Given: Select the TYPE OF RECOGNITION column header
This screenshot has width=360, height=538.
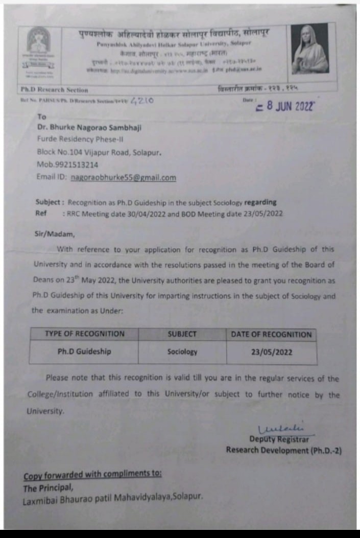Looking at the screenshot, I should click(x=84, y=334).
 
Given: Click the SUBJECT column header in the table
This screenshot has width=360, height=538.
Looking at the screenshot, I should click(x=182, y=334).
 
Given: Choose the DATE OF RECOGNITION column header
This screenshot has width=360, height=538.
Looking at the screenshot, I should click(x=271, y=335).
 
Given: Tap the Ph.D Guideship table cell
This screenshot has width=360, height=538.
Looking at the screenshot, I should click(x=84, y=352).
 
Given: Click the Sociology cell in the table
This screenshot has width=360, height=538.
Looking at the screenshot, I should click(x=182, y=352).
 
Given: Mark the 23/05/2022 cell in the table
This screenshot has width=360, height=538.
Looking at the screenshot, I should click(x=272, y=352).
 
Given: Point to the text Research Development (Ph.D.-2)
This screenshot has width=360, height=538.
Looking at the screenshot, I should click(x=284, y=450).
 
